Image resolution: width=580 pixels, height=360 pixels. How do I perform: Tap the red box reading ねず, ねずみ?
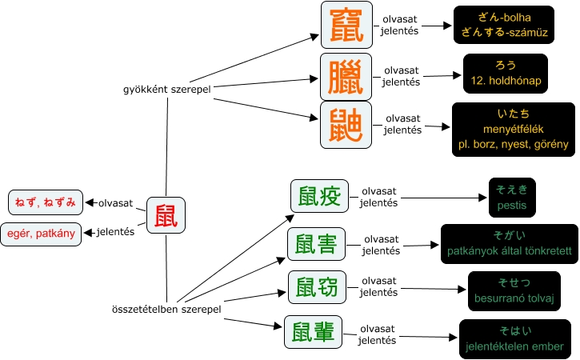tap(45, 202)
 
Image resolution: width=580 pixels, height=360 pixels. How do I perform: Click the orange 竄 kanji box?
tap(346, 26)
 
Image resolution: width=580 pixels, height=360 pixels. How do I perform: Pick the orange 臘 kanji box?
tap(346, 78)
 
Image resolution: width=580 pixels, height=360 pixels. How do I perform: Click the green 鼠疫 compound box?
tap(319, 197)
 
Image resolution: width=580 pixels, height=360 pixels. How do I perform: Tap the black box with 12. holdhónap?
tap(506, 74)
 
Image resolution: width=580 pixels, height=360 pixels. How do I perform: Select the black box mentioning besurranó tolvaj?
tap(514, 291)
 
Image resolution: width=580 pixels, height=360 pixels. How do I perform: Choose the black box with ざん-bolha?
tap(502, 26)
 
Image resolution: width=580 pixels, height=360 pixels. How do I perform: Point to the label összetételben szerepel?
tap(166, 308)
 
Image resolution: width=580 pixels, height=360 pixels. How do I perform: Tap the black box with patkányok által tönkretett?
tap(509, 243)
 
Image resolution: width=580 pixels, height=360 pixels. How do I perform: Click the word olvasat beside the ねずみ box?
tap(115, 203)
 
